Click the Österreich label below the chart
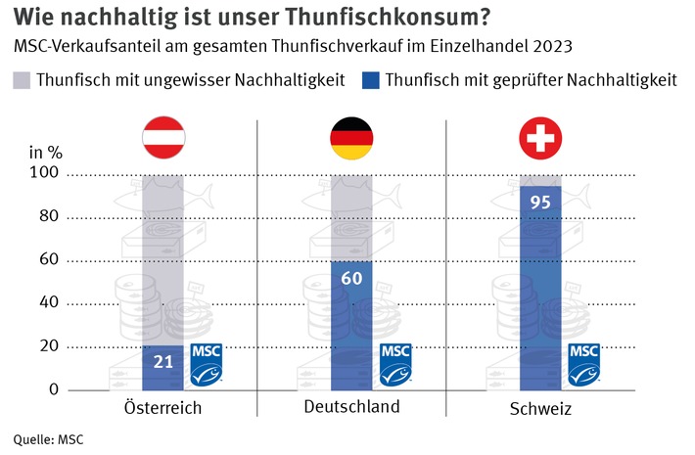(x=163, y=407)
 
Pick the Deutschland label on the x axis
(x=351, y=407)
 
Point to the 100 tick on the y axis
(x=47, y=173)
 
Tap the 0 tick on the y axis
(x=55, y=390)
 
